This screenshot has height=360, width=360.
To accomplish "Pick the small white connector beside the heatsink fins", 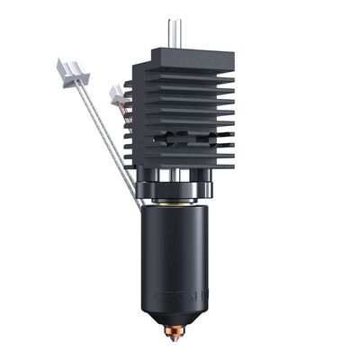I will (117, 93).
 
